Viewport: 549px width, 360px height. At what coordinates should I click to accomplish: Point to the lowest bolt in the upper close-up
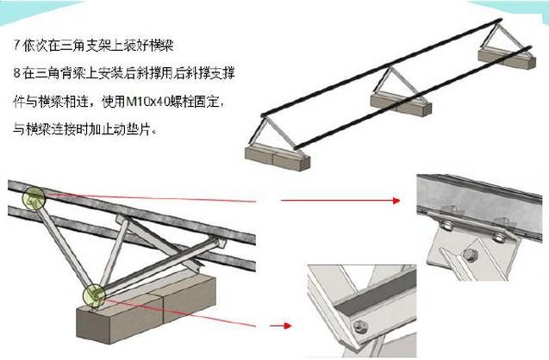[x=470, y=253]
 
